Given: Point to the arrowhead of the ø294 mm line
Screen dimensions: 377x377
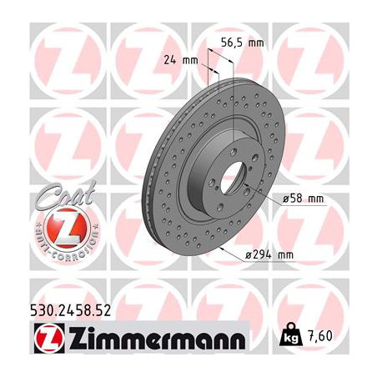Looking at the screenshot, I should click(x=222, y=249).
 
